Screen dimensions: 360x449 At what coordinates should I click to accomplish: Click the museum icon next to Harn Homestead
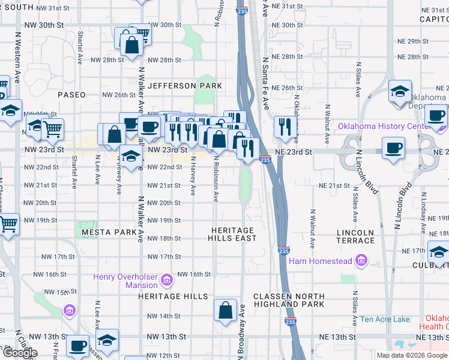361,260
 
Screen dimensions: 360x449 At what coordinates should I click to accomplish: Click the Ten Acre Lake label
385,319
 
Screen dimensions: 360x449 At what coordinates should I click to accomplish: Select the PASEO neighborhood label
71,95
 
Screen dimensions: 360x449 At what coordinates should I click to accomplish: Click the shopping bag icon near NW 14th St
225,311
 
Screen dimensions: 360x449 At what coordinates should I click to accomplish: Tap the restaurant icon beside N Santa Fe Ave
285,127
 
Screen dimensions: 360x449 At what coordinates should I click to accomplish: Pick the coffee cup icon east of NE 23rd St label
394,148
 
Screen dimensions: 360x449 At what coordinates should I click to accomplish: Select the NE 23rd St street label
294,152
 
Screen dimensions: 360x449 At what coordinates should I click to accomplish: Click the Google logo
20,353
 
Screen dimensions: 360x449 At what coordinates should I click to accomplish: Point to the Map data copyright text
412,355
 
